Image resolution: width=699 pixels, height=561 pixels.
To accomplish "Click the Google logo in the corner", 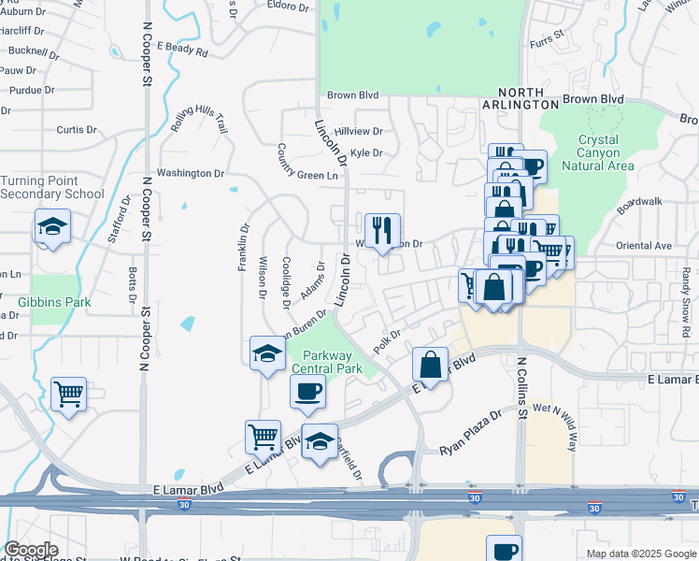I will [31, 550].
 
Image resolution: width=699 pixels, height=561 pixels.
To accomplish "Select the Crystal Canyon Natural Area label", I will [598, 152].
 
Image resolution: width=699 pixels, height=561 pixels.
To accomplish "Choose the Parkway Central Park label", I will [326, 362].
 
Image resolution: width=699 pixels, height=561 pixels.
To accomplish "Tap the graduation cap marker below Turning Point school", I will [52, 227].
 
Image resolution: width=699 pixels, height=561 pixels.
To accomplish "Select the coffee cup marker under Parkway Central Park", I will [308, 392].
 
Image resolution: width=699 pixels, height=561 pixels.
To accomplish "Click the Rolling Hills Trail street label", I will [199, 120].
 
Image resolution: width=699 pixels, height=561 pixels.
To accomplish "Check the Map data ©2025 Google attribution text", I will [640, 554].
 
